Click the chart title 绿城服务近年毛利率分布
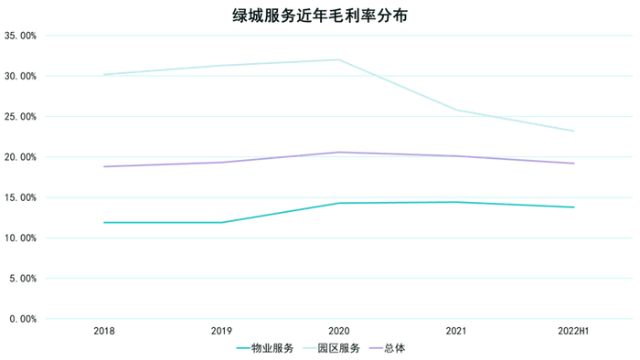pyautogui.click(x=319, y=16)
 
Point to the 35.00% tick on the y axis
pyautogui.click(x=21, y=36)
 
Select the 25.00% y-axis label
pyautogui.click(x=21, y=117)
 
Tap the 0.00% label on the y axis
pyautogui.click(x=24, y=319)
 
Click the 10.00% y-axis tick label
pyautogui.click(x=21, y=238)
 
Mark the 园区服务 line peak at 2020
pyautogui.click(x=339, y=59)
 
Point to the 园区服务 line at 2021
pyautogui.click(x=456, y=110)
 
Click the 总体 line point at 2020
pyautogui.click(x=339, y=153)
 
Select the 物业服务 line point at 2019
pyautogui.click(x=221, y=222)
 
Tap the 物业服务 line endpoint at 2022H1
pyautogui.click(x=573, y=207)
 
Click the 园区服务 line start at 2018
pyautogui.click(x=104, y=74)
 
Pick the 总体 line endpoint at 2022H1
pyautogui.click(x=573, y=164)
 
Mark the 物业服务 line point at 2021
pyautogui.click(x=456, y=202)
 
